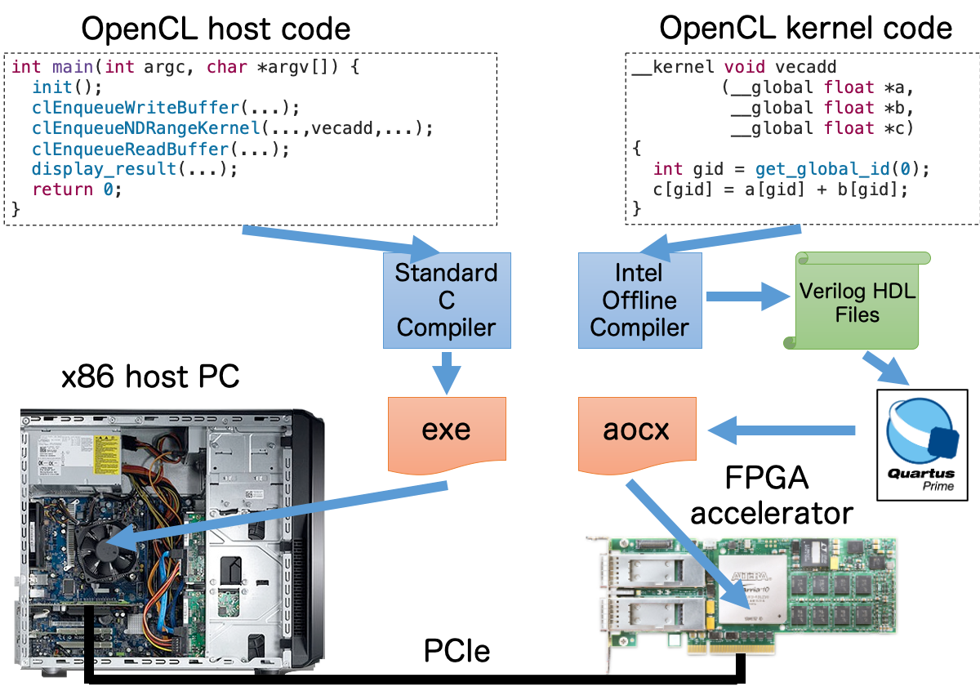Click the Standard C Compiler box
(x=446, y=301)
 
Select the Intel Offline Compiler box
(x=639, y=301)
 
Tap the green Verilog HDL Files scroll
(x=857, y=302)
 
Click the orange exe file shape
(x=446, y=431)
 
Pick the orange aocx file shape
(x=637, y=431)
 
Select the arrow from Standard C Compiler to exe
(x=446, y=373)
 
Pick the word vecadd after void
(x=805, y=67)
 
